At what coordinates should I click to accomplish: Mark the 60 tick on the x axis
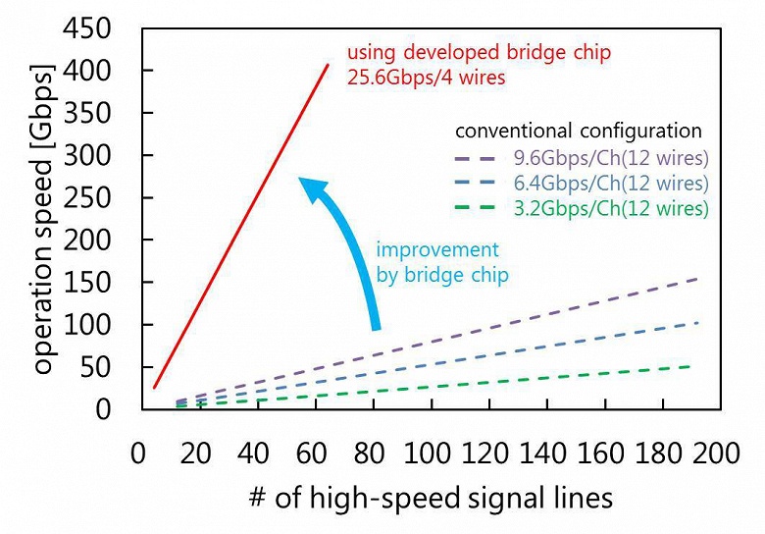tap(311, 454)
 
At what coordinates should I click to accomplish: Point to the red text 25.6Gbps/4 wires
tap(426, 77)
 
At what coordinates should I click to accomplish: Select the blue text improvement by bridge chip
tap(441, 263)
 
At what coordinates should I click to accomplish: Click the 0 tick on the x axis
tap(138, 454)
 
